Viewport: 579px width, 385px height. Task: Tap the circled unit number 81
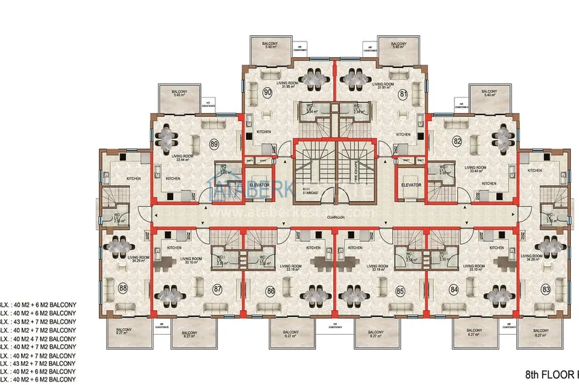coord(403,94)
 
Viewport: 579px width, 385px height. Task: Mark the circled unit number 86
coord(270,290)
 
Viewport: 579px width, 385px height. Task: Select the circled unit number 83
coord(546,289)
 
